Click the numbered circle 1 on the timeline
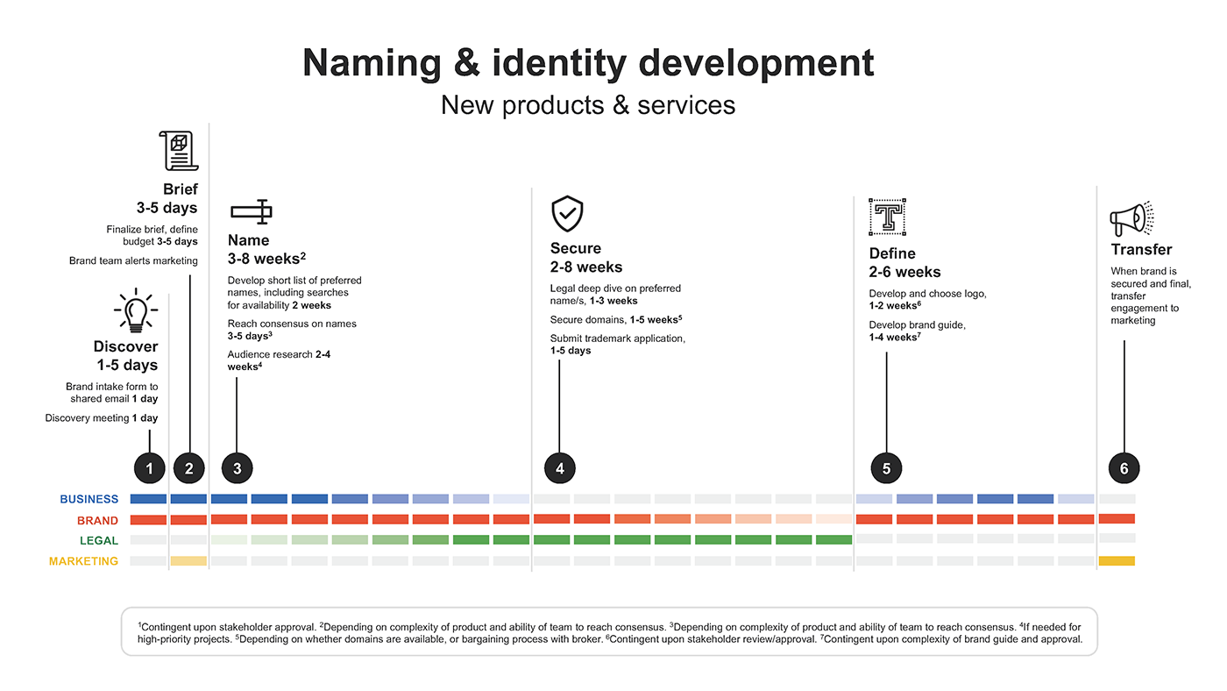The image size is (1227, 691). click(x=150, y=468)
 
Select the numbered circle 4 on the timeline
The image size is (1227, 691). click(x=560, y=468)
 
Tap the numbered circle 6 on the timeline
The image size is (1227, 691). click(x=1124, y=468)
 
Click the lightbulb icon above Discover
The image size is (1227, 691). click(x=136, y=310)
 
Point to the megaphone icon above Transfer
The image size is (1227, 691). click(x=1131, y=218)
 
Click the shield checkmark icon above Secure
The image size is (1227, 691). click(x=567, y=214)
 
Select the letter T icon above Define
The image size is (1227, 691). click(x=887, y=217)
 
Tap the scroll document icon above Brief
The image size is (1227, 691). click(x=179, y=151)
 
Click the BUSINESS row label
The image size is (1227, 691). click(x=89, y=499)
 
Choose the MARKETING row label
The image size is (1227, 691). click(x=83, y=561)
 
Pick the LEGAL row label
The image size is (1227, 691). click(x=98, y=541)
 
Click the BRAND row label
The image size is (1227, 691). click(x=97, y=521)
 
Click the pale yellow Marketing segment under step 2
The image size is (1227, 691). click(x=188, y=561)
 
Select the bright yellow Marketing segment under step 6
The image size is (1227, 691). click(x=1117, y=560)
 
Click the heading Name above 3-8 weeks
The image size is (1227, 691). click(x=248, y=240)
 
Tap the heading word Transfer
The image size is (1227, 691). click(x=1141, y=249)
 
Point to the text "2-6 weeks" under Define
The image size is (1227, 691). click(x=904, y=272)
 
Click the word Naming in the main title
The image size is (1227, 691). click(x=372, y=62)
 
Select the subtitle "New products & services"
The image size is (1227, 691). click(x=588, y=104)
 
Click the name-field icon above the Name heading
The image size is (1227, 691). click(x=252, y=211)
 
